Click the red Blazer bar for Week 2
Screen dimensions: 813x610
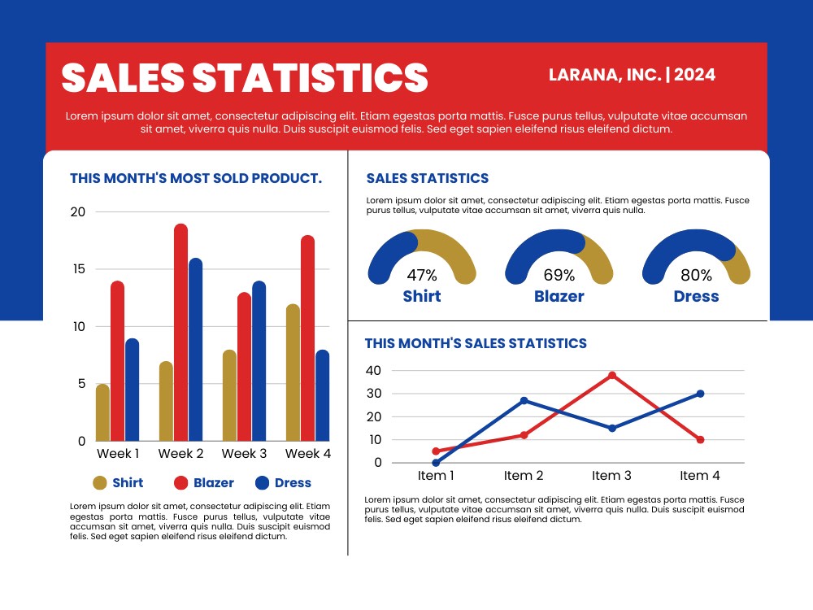181,333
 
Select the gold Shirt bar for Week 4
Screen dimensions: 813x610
293,373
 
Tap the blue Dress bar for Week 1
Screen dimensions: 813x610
133,390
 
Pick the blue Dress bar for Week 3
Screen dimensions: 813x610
259,361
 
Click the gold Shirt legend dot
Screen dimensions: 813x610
99,483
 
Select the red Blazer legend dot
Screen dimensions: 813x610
180,483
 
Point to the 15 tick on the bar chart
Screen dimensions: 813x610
79,268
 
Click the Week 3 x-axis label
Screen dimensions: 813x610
244,453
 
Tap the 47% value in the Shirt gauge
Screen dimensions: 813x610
422,275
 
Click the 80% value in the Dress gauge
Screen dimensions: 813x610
697,275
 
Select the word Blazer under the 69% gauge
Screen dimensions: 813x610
559,296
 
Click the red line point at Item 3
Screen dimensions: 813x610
612,375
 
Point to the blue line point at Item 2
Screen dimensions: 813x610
524,400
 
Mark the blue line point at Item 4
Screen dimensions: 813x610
701,394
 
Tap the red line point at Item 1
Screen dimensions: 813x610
436,451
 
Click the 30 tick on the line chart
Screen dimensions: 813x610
374,393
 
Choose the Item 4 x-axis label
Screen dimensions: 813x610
700,475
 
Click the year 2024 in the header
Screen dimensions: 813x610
695,75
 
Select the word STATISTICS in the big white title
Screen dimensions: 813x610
311,78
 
